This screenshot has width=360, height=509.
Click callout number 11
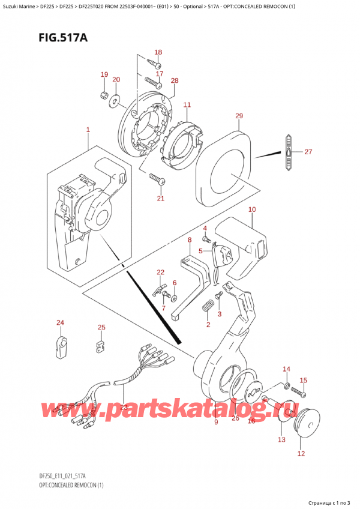(187, 105)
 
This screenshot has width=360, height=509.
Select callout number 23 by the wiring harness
(124, 406)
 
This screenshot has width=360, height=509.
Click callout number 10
(252, 209)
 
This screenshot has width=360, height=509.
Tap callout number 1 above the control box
(88, 130)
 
